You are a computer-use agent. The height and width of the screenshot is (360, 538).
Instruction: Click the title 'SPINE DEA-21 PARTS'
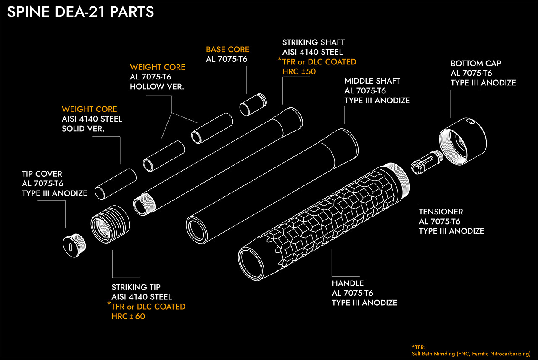[x=81, y=12]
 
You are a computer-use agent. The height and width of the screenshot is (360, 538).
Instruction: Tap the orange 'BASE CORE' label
[x=227, y=50]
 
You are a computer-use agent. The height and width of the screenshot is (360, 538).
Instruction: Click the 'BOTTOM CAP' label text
[x=476, y=64]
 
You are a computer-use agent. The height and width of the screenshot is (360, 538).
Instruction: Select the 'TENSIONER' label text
[x=441, y=212]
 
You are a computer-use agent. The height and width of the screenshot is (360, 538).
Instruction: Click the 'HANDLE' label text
[x=348, y=283]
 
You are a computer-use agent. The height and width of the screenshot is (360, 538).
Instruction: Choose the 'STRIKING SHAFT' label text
[x=314, y=42]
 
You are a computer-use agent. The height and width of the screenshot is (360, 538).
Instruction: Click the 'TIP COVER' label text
[x=42, y=174]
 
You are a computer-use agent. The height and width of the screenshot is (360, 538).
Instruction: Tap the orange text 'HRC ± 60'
[x=128, y=316]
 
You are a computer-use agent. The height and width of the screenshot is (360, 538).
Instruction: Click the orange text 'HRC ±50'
[x=299, y=71]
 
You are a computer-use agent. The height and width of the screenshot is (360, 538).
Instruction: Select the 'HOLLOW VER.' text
[x=158, y=87]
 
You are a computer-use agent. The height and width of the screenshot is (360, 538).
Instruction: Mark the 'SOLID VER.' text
[x=83, y=129]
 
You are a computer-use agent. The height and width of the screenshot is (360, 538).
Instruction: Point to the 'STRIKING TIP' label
[x=136, y=288]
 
